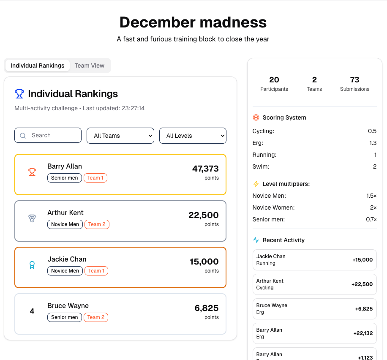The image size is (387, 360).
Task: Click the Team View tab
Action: tap(89, 65)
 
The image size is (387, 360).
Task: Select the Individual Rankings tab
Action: tap(38, 65)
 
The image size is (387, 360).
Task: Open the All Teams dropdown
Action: tap(120, 136)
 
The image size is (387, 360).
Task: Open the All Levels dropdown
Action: tap(193, 136)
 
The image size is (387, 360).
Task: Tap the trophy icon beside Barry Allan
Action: tap(32, 172)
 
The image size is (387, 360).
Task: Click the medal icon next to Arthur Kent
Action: tap(32, 218)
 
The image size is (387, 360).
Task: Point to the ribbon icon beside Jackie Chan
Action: tap(32, 265)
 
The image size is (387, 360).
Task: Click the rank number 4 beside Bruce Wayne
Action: tap(32, 311)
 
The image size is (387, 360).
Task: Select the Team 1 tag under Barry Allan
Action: tap(95, 178)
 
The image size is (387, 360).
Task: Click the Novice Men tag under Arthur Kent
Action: tap(65, 224)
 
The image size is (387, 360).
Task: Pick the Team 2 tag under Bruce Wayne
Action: tap(96, 317)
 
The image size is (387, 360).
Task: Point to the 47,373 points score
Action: tap(205, 169)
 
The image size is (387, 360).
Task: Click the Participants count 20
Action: tap(274, 79)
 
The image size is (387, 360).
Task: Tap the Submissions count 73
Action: tap(354, 79)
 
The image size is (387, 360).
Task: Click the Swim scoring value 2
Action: tap(374, 166)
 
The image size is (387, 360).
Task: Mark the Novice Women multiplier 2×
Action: tap(373, 207)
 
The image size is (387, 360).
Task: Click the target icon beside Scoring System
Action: tap(256, 117)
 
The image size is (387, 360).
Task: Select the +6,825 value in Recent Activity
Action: tap(364, 309)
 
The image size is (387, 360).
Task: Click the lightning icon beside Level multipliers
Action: tap(256, 184)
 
